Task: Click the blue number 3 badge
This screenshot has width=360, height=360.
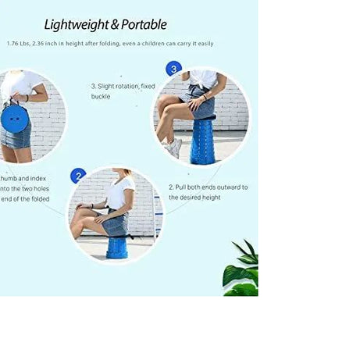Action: click(173, 70)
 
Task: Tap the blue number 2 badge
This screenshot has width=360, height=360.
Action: click(78, 176)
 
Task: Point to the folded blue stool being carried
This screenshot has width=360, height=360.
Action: click(13, 118)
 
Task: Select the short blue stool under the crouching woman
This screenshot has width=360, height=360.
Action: click(117, 246)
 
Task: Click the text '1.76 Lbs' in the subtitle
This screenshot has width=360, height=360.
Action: click(19, 45)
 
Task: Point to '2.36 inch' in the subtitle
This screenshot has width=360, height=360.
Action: click(49, 45)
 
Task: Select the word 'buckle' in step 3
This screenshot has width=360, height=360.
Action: click(102, 97)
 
